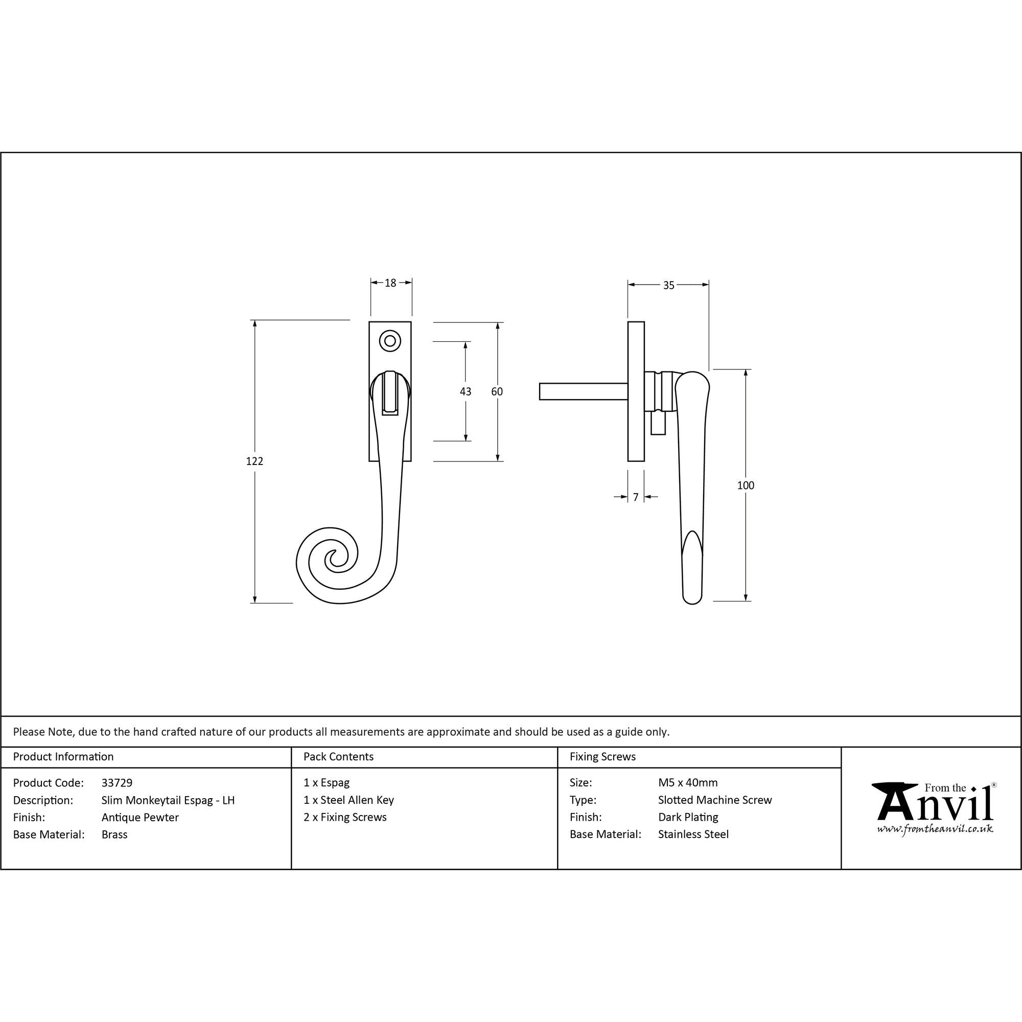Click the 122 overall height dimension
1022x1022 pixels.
point(254,461)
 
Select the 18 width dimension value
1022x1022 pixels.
point(390,283)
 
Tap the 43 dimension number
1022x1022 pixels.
point(466,391)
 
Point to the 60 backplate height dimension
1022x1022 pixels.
point(497,391)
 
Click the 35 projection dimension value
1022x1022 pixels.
point(668,285)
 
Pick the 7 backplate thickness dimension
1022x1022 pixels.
point(636,497)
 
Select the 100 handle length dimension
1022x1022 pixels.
point(746,485)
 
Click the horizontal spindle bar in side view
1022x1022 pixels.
point(584,391)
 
